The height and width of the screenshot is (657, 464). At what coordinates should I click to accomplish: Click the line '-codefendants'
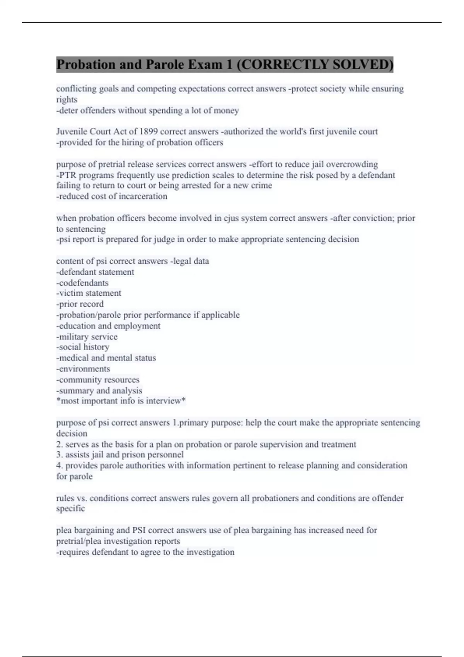[x=82, y=283]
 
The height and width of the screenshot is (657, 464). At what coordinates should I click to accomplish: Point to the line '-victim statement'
[x=89, y=293]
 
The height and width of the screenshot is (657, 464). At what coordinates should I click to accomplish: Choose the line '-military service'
[x=87, y=337]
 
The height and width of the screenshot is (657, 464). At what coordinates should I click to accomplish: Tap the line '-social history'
[x=83, y=347]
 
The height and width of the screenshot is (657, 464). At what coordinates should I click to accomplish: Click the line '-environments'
[x=83, y=369]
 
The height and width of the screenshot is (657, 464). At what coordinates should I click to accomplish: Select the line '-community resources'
[x=97, y=380]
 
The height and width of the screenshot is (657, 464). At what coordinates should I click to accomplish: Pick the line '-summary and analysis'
[x=99, y=391]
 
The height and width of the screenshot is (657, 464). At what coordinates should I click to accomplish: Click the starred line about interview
[x=121, y=401]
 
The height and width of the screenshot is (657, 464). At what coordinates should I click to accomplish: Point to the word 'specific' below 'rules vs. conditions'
[x=70, y=509]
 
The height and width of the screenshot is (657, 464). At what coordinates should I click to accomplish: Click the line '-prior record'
[x=80, y=304]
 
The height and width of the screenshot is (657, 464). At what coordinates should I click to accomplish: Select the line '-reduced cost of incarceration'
[x=112, y=196]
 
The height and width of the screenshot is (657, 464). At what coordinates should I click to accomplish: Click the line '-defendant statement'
[x=95, y=272]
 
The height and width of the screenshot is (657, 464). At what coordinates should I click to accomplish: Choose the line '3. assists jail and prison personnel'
[x=120, y=455]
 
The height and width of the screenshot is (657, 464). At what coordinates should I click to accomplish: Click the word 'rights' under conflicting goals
[x=67, y=100]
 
